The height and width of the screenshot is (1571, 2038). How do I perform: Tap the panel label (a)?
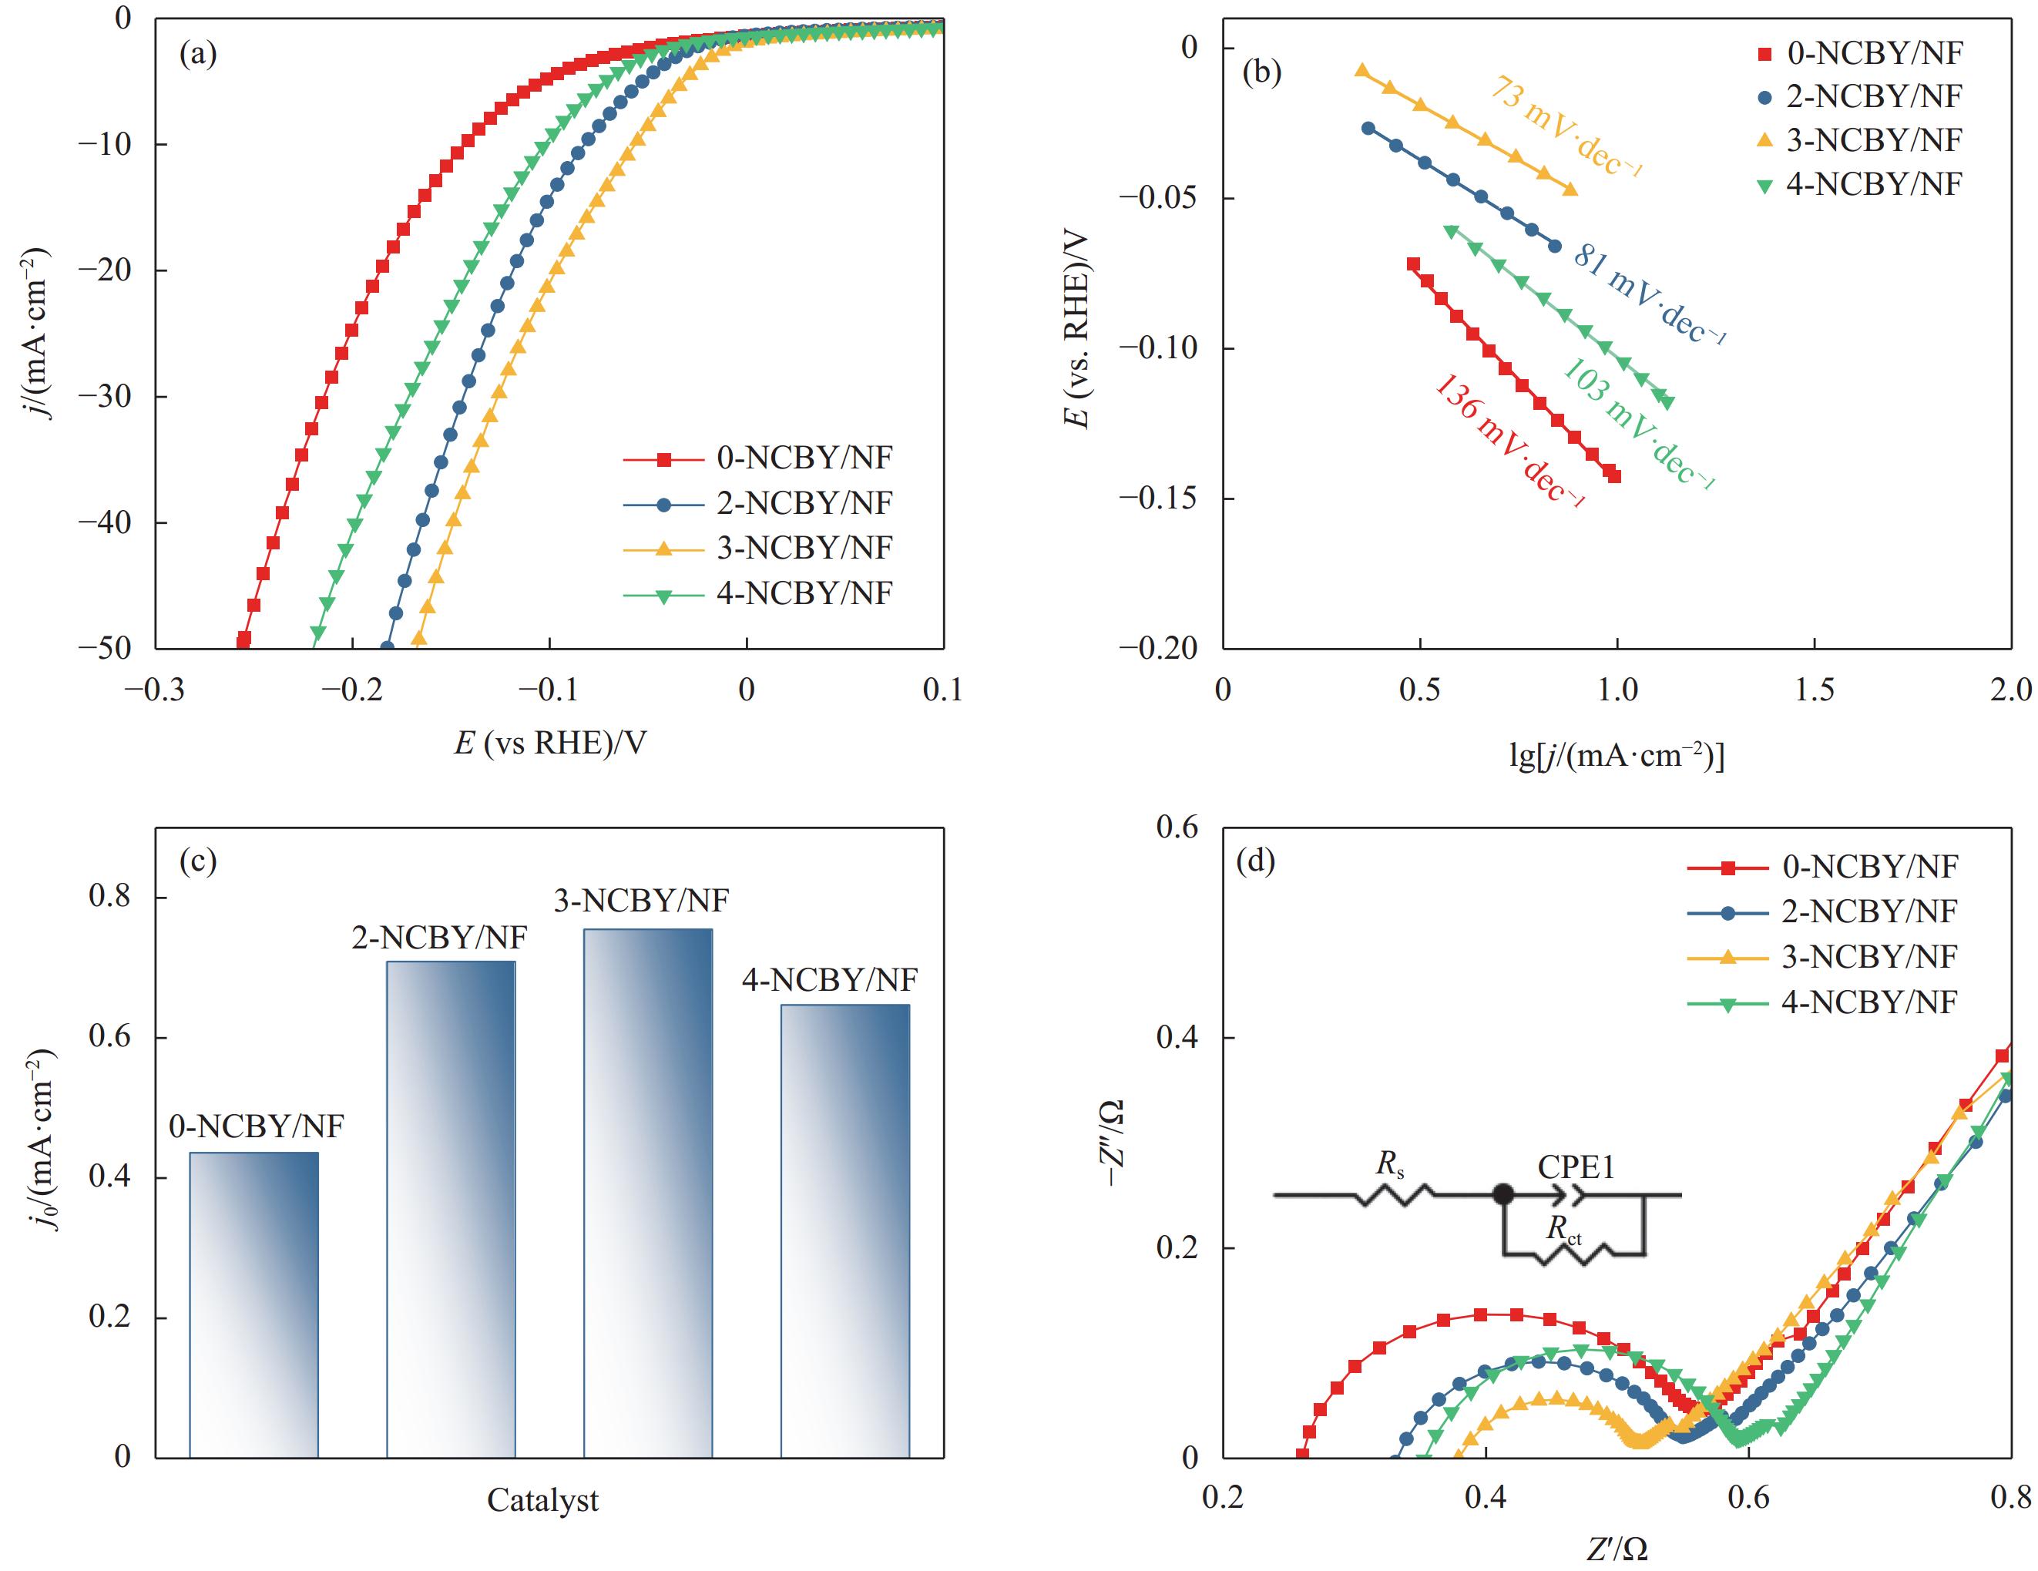[x=198, y=54]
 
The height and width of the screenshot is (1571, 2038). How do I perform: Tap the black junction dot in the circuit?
[x=1502, y=1194]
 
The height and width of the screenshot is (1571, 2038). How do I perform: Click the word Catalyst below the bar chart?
[x=543, y=1500]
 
